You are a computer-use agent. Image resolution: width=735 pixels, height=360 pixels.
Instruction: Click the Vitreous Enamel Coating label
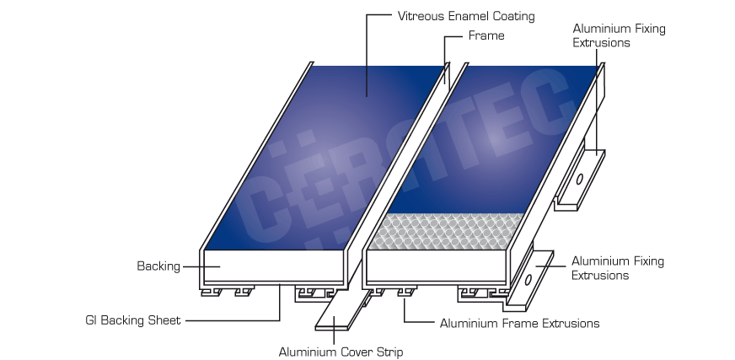[x=466, y=16]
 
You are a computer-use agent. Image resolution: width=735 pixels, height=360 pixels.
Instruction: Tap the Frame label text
[x=486, y=35]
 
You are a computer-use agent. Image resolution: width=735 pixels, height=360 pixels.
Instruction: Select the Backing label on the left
[x=158, y=266]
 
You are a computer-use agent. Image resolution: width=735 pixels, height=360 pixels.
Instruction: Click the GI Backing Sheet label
[x=133, y=320]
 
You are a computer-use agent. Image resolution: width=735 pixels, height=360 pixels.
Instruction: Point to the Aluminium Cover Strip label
[x=341, y=352]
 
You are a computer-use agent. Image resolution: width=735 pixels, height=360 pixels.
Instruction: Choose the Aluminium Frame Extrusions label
[x=519, y=324]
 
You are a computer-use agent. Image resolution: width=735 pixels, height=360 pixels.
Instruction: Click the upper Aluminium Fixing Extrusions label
[x=619, y=35]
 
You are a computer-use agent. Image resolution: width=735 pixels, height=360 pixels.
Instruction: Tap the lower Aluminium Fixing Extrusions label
[x=617, y=268]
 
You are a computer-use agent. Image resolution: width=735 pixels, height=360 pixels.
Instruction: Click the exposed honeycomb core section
[x=446, y=231]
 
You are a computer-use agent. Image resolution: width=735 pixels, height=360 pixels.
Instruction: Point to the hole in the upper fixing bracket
[x=579, y=179]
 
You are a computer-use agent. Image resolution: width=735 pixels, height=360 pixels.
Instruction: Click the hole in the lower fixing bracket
[x=528, y=280]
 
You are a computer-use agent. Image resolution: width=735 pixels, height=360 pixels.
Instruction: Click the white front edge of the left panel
[x=274, y=266]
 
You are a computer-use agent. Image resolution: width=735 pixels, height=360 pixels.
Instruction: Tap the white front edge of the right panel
[x=437, y=266]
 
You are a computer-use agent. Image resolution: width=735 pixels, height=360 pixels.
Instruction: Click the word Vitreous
[x=420, y=16]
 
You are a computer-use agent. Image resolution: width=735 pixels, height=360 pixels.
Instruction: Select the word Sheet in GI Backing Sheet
[x=164, y=320]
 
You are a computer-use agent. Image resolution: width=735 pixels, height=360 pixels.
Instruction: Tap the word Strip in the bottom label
[x=389, y=352]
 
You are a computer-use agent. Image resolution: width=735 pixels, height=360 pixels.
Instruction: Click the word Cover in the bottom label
[x=357, y=352]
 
